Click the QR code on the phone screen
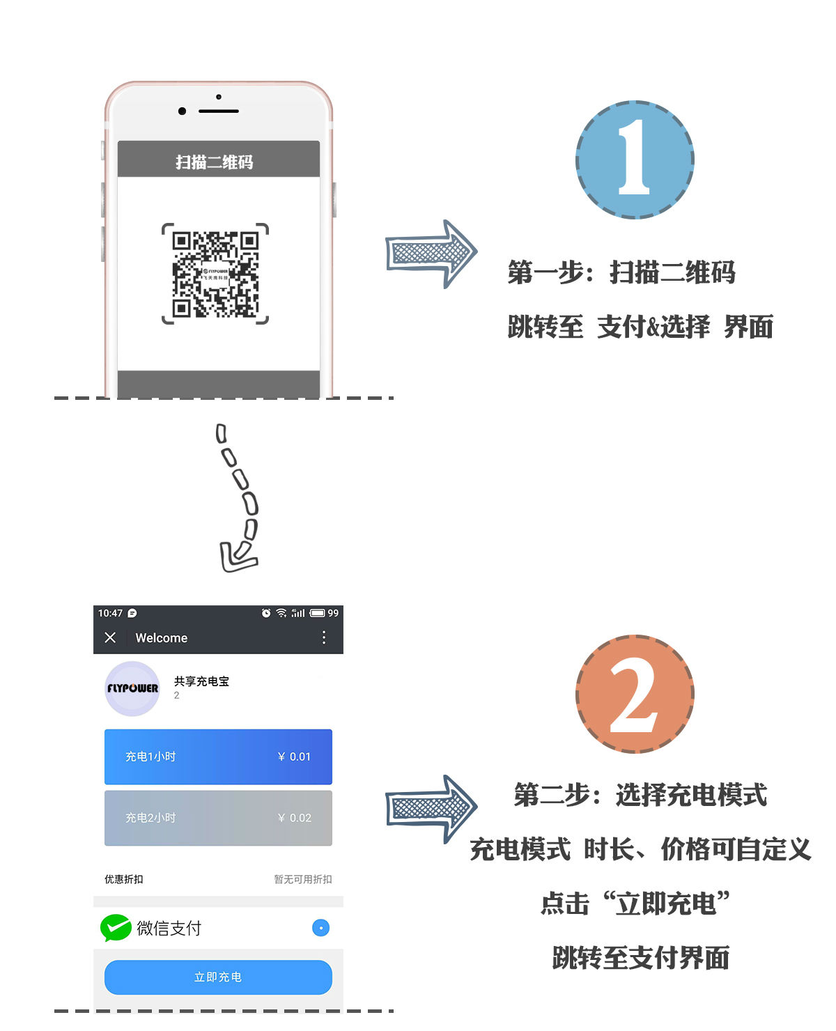pos(215,274)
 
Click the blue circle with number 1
pos(635,160)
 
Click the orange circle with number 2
pos(635,694)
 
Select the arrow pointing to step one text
pos(431,254)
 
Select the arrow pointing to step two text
pos(431,809)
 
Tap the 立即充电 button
pos(218,977)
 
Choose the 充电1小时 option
pos(218,757)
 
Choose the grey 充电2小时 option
pos(218,818)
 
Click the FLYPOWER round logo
pos(132,688)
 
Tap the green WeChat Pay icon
pos(116,927)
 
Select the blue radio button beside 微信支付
pos(320,928)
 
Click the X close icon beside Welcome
pos(110,637)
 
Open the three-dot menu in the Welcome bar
pos(324,637)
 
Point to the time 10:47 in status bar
pos(110,613)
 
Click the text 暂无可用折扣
pos(302,879)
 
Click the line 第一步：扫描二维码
pos(621,272)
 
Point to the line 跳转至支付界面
pos(640,958)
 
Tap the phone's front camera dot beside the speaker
pos(183,111)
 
